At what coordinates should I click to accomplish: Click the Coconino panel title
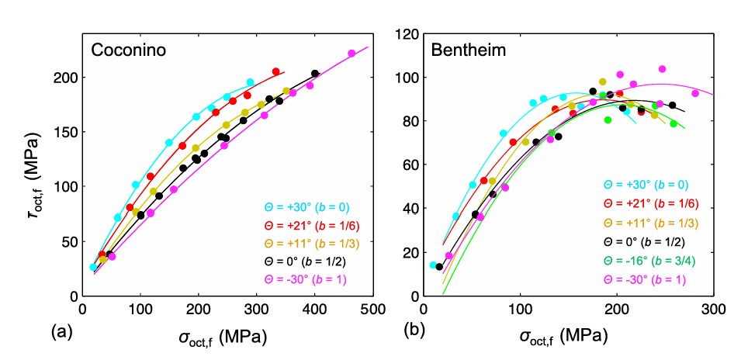[x=129, y=50]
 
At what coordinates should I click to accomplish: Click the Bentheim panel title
[x=469, y=50]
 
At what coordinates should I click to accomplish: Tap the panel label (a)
[x=61, y=331]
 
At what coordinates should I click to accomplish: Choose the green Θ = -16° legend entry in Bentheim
[x=645, y=261]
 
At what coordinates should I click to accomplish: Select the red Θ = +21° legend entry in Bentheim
[x=651, y=203]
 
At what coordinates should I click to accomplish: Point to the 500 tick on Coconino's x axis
[x=372, y=310]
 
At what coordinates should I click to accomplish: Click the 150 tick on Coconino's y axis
[x=68, y=132]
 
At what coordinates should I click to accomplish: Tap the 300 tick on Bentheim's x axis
[x=713, y=310]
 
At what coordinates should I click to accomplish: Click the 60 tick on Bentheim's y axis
[x=411, y=165]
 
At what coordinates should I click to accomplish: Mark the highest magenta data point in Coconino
[x=351, y=54]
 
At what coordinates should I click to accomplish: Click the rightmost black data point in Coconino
[x=315, y=74]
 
